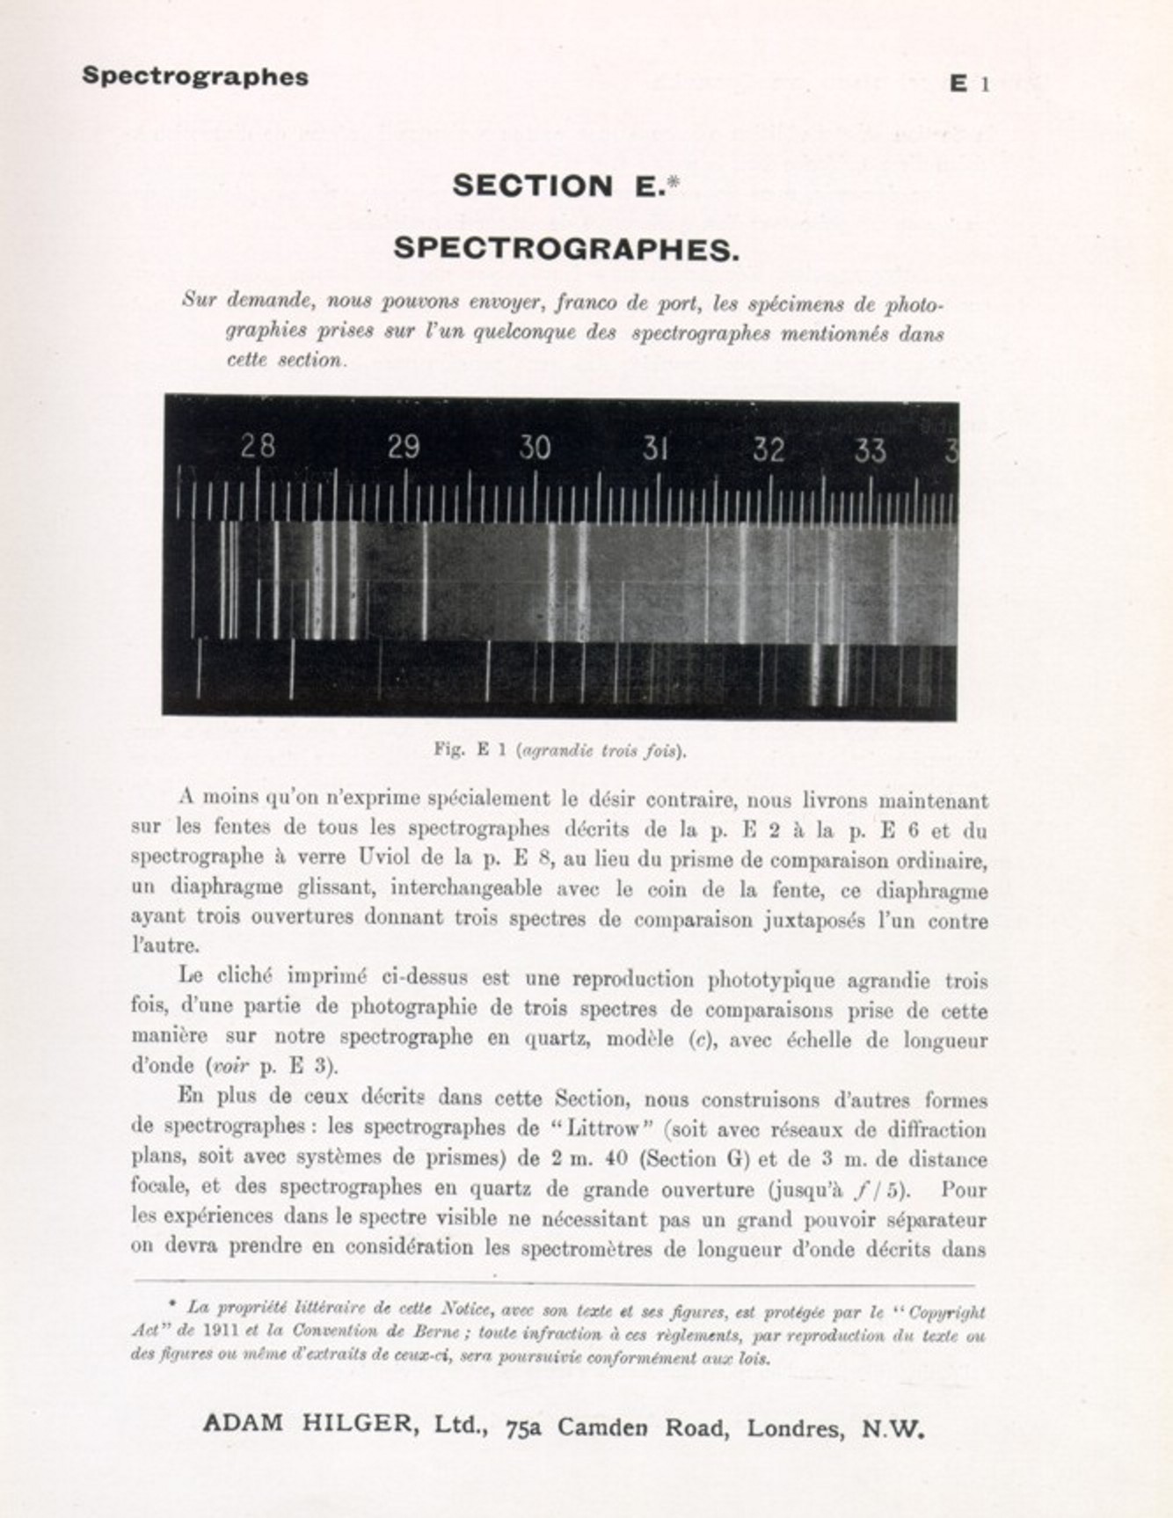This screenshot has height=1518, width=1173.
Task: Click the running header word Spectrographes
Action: point(195,77)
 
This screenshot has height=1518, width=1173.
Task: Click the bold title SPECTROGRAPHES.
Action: point(566,249)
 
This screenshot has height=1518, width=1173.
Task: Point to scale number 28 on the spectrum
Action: point(258,447)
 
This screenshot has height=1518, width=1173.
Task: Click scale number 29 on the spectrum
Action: point(404,448)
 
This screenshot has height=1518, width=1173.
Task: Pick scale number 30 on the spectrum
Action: point(534,449)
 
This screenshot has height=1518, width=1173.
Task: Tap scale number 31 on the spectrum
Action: point(655,449)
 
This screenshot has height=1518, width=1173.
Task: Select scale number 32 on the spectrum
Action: point(768,450)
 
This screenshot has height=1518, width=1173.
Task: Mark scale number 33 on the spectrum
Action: point(870,451)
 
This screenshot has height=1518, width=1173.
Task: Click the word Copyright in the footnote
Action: point(946,1313)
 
